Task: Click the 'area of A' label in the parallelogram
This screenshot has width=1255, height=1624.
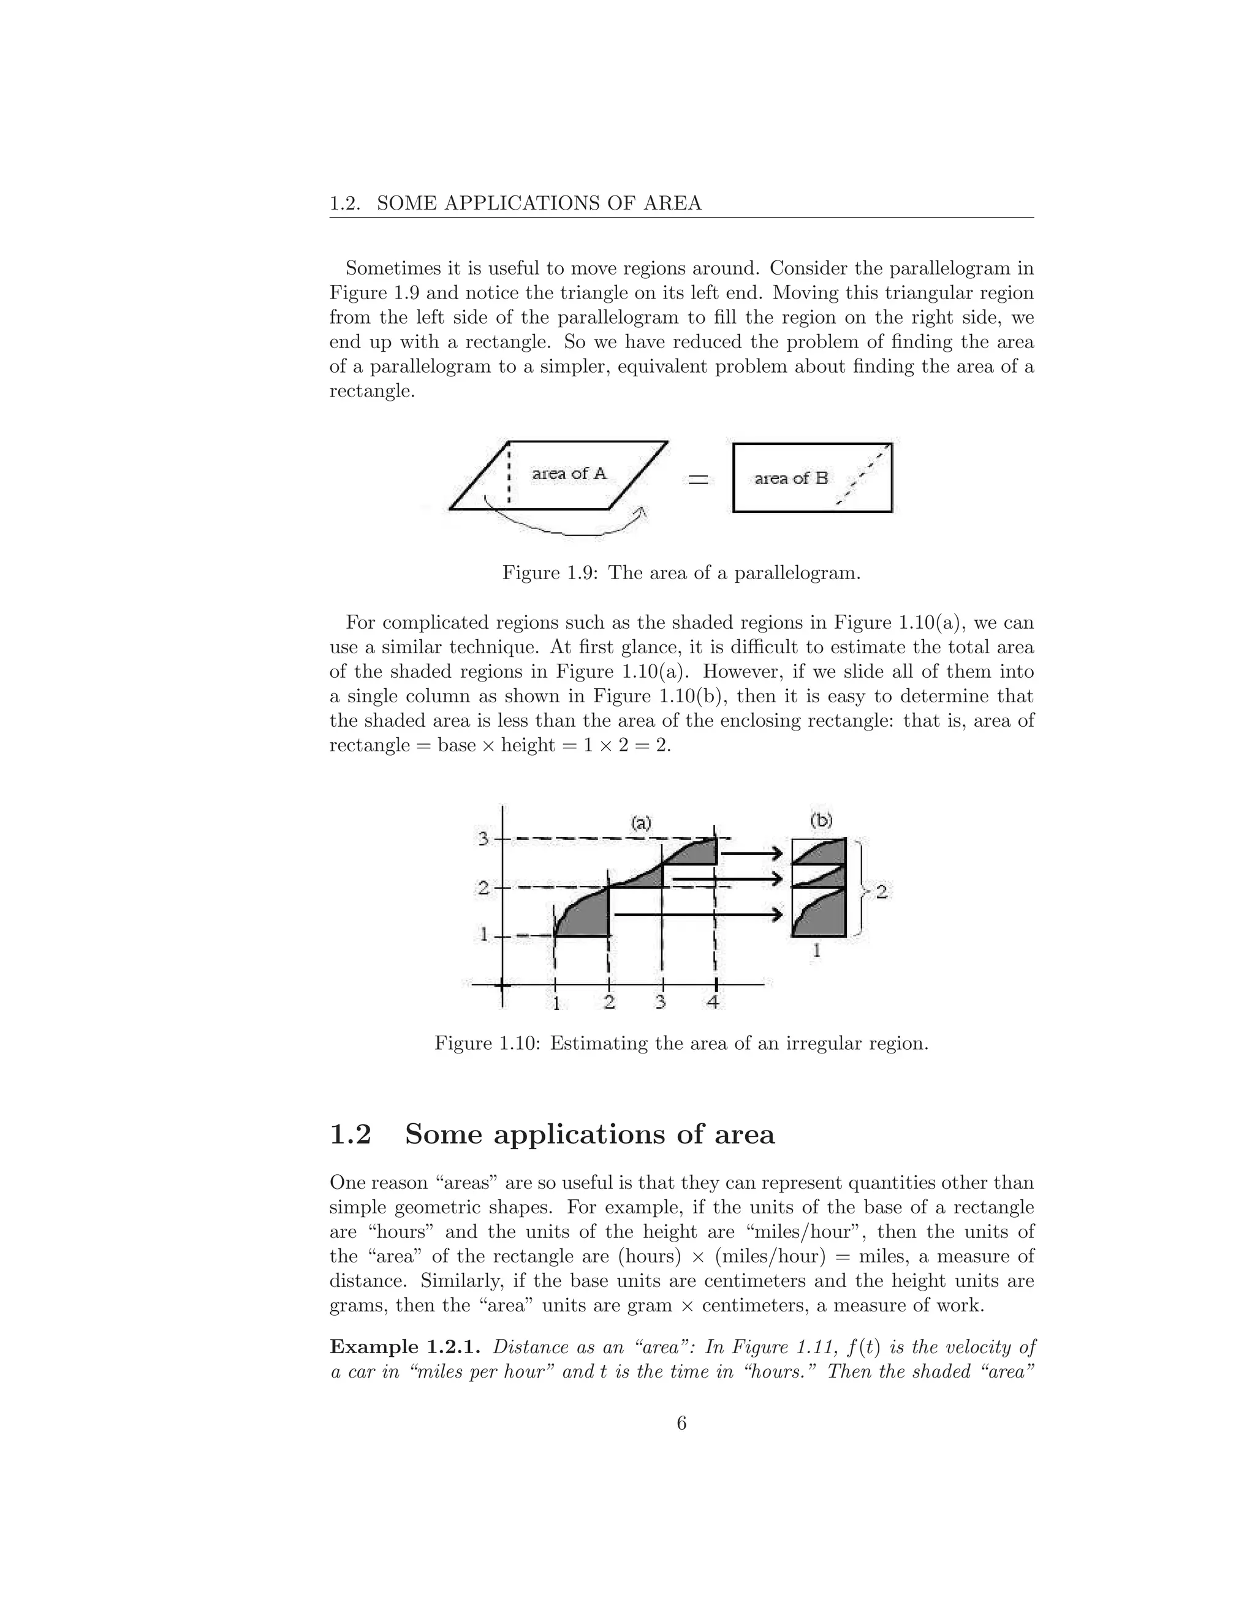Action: pos(569,473)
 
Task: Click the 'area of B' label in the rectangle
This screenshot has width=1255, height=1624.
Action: pos(791,478)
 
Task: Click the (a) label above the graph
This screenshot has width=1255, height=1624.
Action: pos(641,822)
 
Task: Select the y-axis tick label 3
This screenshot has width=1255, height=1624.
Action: pos(483,839)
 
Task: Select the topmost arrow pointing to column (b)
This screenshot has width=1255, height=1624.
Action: pos(753,854)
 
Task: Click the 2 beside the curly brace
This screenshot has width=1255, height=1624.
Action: pos(881,891)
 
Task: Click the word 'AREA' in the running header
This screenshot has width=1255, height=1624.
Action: pos(677,203)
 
